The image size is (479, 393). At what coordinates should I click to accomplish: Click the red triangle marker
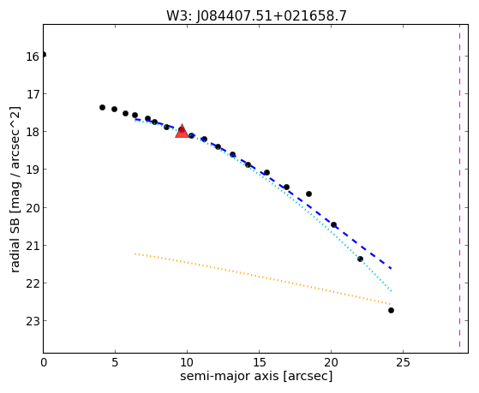182,131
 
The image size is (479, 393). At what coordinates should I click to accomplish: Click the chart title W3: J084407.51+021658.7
256,15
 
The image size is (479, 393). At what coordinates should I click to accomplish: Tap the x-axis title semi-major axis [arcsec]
256,376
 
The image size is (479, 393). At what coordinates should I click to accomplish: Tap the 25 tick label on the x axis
403,362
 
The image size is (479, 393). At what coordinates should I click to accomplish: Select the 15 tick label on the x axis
259,362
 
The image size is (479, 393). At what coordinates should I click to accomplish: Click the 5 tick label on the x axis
115,362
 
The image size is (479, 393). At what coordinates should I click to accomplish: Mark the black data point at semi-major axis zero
44,55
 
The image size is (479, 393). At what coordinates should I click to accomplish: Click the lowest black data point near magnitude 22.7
391,311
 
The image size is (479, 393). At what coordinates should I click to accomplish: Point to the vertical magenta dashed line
459,186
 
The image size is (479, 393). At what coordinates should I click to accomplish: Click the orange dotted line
262,278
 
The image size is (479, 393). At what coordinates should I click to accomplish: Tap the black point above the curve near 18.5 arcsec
308,194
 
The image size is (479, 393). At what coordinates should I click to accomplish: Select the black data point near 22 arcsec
360,259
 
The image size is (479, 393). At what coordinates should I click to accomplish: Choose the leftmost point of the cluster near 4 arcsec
102,108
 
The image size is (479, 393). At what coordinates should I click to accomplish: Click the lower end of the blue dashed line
392,268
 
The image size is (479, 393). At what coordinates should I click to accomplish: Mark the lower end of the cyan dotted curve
392,291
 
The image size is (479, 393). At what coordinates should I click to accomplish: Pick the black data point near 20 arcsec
333,224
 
